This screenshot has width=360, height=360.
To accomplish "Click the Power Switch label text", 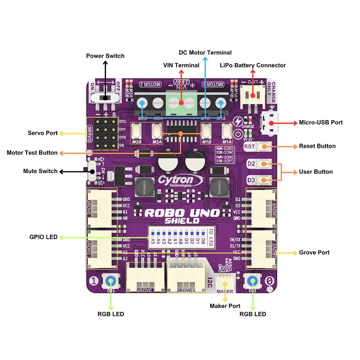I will [x=105, y=56].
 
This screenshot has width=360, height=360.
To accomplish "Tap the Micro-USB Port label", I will [x=321, y=122].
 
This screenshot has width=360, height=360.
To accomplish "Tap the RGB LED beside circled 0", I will [x=253, y=281].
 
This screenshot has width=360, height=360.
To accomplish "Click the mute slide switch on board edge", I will [x=92, y=171].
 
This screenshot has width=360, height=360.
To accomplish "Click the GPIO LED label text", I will [x=43, y=237].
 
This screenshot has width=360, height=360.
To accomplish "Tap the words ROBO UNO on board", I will [x=182, y=213].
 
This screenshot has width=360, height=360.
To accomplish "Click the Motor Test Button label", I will [x=32, y=153].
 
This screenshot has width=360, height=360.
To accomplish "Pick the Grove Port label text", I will [x=314, y=253].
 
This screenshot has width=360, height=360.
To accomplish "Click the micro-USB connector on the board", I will [x=270, y=123].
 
